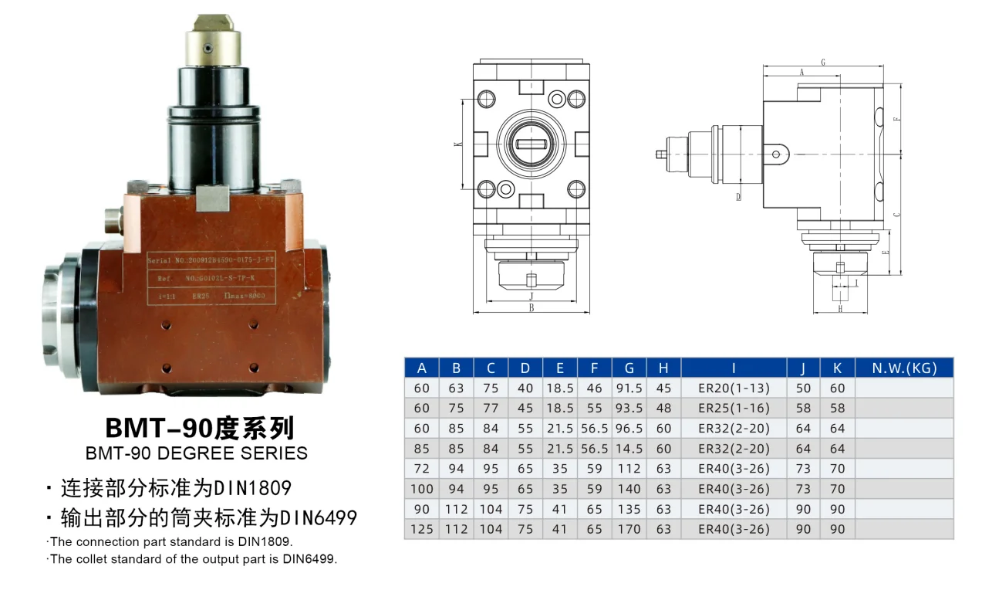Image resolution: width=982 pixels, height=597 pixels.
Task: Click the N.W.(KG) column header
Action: pos(904,368)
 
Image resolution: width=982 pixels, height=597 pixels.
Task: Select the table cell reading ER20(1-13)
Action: pos(734,388)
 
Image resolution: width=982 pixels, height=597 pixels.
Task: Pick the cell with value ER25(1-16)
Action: pos(734,409)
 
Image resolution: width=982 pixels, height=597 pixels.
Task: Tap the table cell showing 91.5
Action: pos(629,388)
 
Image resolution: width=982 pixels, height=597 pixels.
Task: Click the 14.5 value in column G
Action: pos(629,449)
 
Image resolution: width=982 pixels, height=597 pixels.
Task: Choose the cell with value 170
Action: pos(629,530)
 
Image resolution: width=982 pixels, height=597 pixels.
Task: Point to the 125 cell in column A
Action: pos(422,530)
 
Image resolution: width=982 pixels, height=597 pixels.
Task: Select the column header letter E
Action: pos(560,368)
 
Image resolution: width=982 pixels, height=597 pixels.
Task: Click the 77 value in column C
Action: pos(491,409)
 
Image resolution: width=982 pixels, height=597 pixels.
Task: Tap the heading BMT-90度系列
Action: pos(200,427)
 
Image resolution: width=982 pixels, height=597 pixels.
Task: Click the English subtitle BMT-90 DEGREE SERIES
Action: pos(197,453)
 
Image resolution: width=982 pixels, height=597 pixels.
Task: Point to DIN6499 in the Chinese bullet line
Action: pos(318,517)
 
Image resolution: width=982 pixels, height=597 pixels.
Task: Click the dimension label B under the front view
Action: pos(531,307)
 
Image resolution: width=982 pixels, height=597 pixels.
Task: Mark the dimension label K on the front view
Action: pos(457,144)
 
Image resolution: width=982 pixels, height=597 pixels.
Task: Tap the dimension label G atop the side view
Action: pos(823,62)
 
